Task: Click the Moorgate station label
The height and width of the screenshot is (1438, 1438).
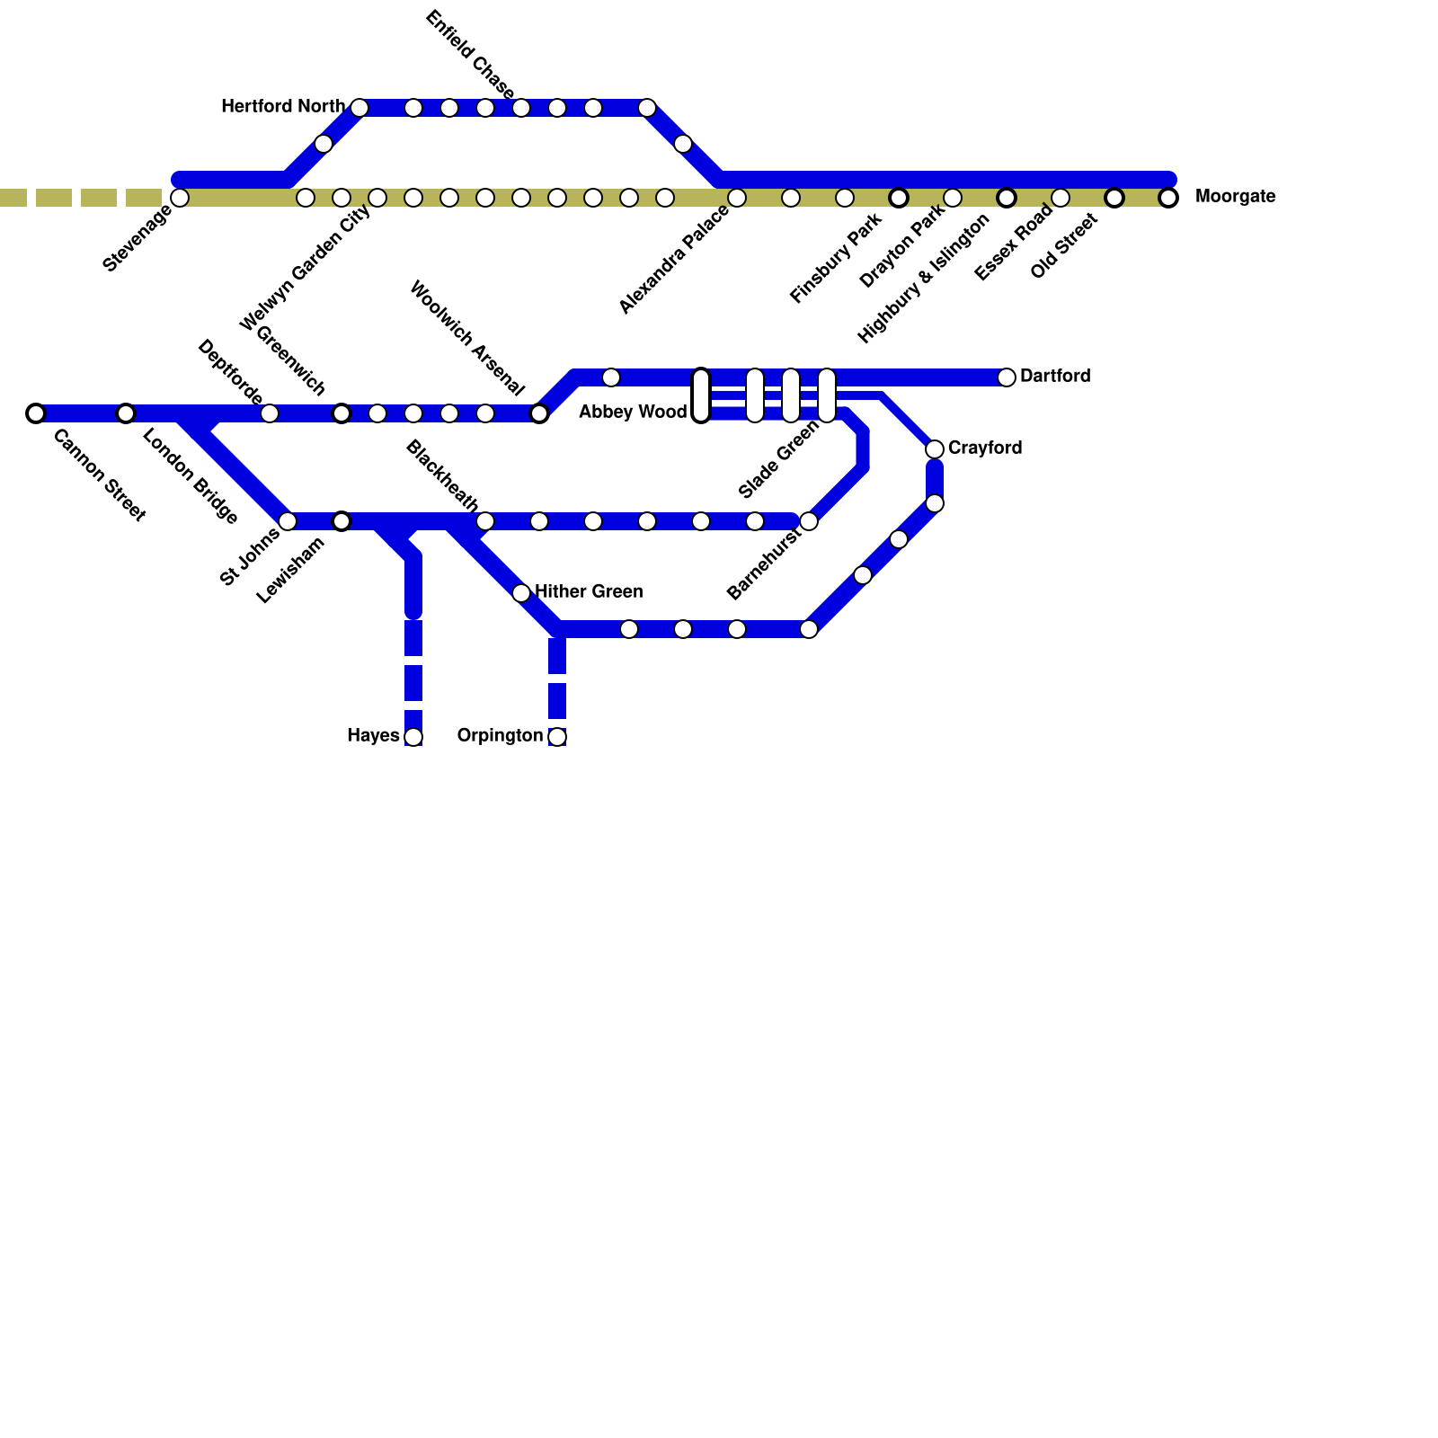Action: click(x=1235, y=197)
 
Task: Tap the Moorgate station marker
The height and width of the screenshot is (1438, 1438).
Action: click(x=1168, y=198)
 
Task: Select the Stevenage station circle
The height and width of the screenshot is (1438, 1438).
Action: click(x=180, y=198)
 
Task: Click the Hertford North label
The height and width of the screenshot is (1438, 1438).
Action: click(x=282, y=107)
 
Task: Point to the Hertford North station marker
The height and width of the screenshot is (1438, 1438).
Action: click(x=359, y=108)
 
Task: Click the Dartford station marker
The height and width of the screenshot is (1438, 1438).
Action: click(x=1007, y=377)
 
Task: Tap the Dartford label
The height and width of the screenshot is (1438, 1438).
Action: click(x=1055, y=377)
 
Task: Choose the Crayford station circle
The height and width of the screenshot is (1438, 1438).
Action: click(x=935, y=448)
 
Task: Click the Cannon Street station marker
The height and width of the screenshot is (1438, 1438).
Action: click(x=36, y=413)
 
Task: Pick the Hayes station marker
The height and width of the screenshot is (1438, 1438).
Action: click(x=413, y=737)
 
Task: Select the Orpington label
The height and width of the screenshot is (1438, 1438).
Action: click(x=500, y=736)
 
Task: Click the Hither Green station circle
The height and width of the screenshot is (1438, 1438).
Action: click(x=521, y=593)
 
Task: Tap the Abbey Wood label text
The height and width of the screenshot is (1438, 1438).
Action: click(x=633, y=413)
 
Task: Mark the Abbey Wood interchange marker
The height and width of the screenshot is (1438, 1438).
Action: click(x=701, y=395)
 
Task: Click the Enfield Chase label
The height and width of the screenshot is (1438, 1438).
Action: click(x=469, y=55)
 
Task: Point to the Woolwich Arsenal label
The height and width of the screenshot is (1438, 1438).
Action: click(x=466, y=338)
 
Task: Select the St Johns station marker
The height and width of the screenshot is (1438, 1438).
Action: click(x=288, y=521)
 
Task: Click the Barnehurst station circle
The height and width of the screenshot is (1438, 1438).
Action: click(x=809, y=521)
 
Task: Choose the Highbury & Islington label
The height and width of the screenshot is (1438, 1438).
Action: click(x=923, y=279)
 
